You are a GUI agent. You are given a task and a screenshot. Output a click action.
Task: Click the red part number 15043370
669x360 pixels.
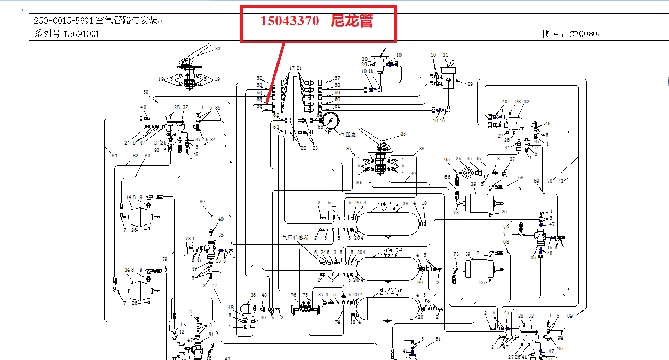pyautogui.click(x=289, y=21)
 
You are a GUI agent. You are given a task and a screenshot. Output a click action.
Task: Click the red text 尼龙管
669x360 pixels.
pyautogui.click(x=352, y=21)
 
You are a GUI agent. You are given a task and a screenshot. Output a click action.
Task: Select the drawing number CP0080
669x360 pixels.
pyautogui.click(x=583, y=34)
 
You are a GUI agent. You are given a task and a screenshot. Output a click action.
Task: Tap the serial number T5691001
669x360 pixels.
pyautogui.click(x=81, y=34)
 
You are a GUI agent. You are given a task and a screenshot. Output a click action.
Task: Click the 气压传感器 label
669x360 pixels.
pyautogui.click(x=296, y=238)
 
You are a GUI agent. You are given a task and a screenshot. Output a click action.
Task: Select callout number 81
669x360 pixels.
pyautogui.click(x=114, y=155)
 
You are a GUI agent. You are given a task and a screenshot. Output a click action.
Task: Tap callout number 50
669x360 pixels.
pyautogui.click(x=145, y=92)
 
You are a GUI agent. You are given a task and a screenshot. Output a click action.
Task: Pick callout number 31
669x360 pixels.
pyautogui.click(x=445, y=55)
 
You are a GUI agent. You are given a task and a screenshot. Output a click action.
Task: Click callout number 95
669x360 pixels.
pyautogui.click(x=447, y=159)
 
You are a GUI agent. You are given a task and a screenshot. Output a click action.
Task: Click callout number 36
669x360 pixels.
pyautogui.click(x=253, y=295)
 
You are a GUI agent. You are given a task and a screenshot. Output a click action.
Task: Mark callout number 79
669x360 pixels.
pyautogui.click(x=165, y=259)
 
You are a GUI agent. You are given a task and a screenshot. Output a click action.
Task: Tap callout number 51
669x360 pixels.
pyautogui.click(x=438, y=339)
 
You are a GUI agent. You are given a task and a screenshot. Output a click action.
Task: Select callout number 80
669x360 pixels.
pyautogui.click(x=202, y=201)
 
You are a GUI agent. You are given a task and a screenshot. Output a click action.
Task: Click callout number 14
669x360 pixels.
pyautogui.click(x=128, y=197)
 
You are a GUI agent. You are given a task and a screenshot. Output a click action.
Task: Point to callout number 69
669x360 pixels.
pyautogui.click(x=536, y=181)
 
